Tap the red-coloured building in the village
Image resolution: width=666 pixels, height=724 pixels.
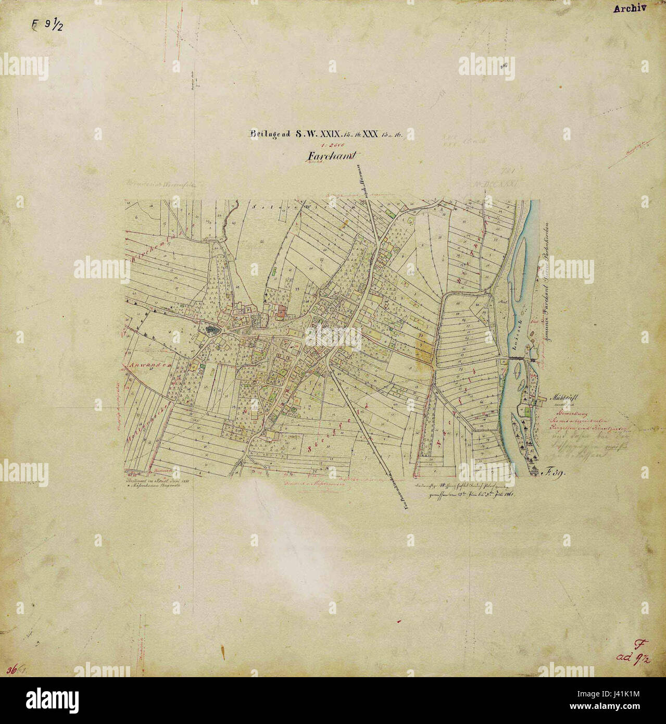click(282, 311)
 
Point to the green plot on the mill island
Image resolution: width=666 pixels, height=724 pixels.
click(528, 412)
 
